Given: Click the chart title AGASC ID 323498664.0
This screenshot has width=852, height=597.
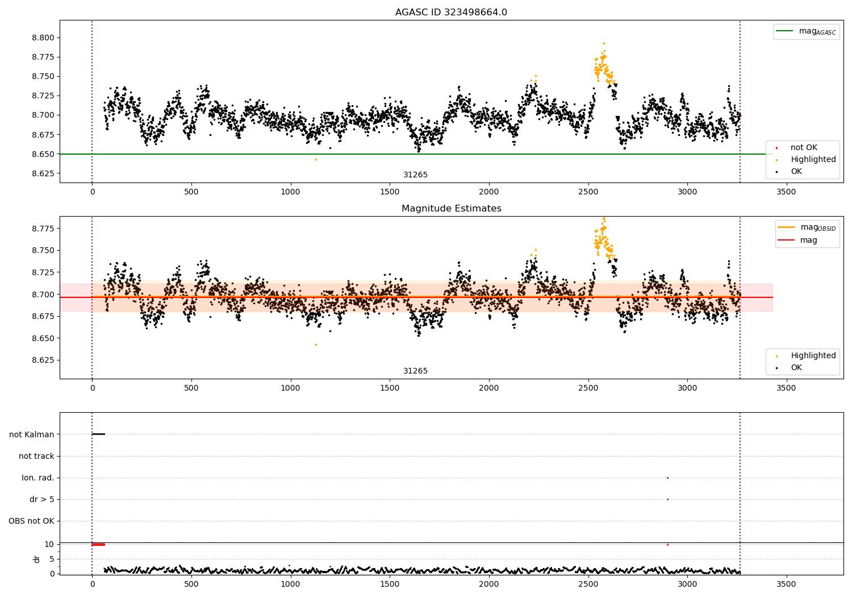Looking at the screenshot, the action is pyautogui.click(x=451, y=12).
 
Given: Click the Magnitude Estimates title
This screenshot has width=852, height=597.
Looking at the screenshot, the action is pyautogui.click(x=452, y=208).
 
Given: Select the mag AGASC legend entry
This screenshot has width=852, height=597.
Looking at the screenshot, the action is pyautogui.click(x=807, y=31).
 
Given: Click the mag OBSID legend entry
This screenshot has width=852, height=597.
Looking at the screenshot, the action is pyautogui.click(x=807, y=227).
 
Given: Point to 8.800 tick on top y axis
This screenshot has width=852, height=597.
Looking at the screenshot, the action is pyautogui.click(x=43, y=38).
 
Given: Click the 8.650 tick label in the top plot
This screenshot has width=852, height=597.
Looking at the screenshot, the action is pyautogui.click(x=43, y=154).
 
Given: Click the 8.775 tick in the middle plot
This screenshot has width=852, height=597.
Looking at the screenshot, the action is pyautogui.click(x=43, y=229).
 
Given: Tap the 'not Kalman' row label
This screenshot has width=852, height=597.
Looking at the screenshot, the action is pyautogui.click(x=32, y=434).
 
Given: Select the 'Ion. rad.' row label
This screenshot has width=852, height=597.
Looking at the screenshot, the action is pyautogui.click(x=37, y=478).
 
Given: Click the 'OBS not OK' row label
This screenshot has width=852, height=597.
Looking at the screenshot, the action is pyautogui.click(x=32, y=521).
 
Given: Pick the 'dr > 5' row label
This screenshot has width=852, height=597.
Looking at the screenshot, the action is pyautogui.click(x=42, y=499).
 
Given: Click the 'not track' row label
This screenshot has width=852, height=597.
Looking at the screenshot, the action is pyautogui.click(x=36, y=456).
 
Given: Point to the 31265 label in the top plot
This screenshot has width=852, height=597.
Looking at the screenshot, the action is pyautogui.click(x=415, y=175).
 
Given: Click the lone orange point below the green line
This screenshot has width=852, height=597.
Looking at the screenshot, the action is pyautogui.click(x=316, y=160).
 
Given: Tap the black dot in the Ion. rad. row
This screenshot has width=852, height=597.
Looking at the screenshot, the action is pyautogui.click(x=667, y=478).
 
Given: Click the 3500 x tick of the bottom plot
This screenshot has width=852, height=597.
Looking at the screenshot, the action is pyautogui.click(x=786, y=584).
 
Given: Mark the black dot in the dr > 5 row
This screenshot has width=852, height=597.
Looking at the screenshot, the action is pyautogui.click(x=667, y=500).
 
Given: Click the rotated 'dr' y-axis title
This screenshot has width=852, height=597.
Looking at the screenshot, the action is pyautogui.click(x=36, y=559).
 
